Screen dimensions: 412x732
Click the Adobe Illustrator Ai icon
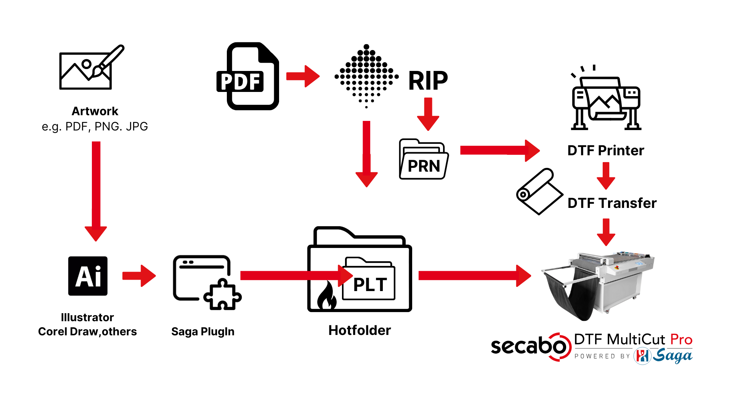point(88,276)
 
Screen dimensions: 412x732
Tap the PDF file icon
point(248,76)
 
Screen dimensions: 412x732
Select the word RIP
point(428,81)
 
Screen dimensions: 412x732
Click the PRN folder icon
point(424,159)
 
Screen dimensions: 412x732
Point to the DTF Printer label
point(605,151)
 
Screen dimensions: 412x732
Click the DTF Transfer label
point(612,203)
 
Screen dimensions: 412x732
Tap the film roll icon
point(538,192)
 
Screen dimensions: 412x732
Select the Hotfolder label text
point(360,330)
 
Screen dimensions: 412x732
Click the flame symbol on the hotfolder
point(327,296)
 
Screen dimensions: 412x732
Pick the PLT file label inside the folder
point(369,284)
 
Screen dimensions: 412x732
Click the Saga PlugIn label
point(203,332)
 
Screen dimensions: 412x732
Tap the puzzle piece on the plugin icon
point(222,295)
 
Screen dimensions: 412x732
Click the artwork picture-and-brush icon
point(91,68)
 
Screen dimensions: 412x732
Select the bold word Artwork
point(95,111)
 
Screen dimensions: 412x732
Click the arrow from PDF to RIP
point(303,76)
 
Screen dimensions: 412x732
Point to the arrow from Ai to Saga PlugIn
point(139,276)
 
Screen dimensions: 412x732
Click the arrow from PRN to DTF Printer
point(499,150)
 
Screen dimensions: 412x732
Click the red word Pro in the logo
point(681,340)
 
